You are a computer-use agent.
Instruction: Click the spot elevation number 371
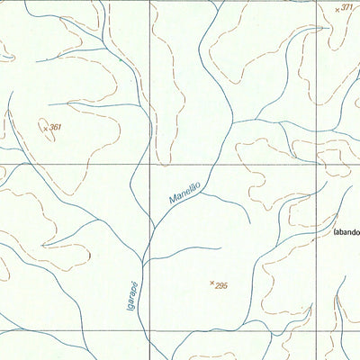pos(348,7)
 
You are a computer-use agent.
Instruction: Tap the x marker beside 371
pos(337,9)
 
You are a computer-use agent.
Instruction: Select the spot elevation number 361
pos(57,128)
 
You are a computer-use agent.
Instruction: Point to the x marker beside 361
pos(45,129)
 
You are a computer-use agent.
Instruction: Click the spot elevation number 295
pos(222,285)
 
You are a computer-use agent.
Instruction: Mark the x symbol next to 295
pos(211,283)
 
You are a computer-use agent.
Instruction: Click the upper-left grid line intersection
pos(149,165)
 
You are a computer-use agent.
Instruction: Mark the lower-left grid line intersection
pos(148,332)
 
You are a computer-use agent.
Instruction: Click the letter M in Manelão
pos(170,208)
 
